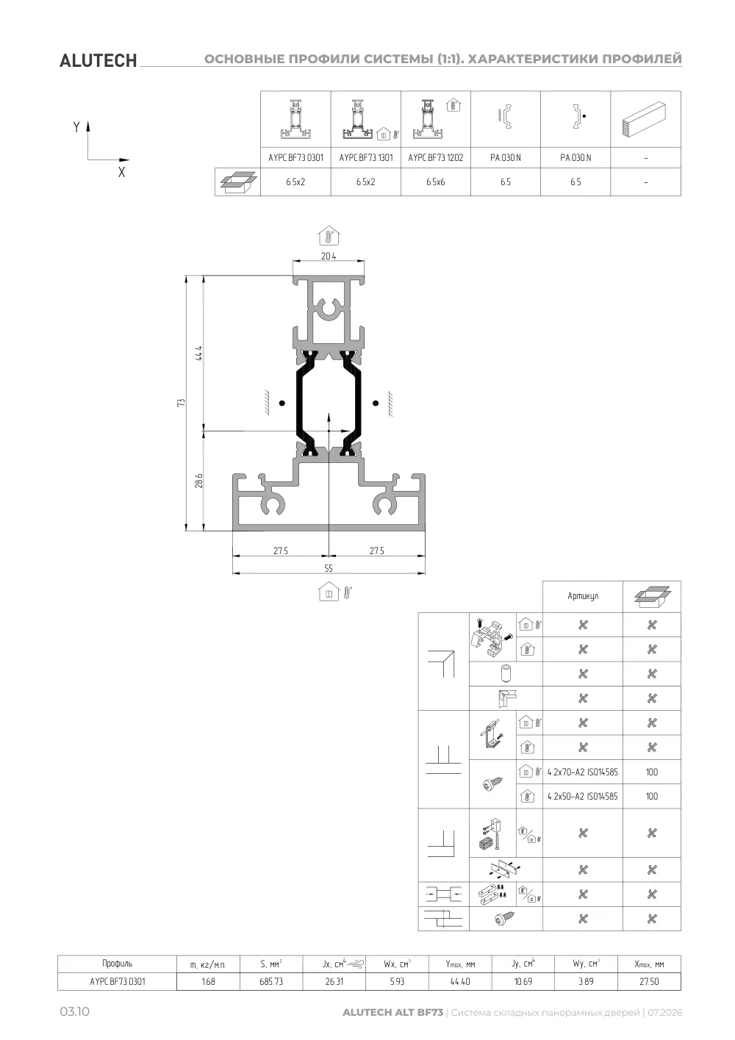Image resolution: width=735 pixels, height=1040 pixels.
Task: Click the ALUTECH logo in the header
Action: coord(98,61)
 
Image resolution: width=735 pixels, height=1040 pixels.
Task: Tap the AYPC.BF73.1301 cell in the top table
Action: coord(366,157)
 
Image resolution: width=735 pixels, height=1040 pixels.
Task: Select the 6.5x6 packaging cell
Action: coord(436,182)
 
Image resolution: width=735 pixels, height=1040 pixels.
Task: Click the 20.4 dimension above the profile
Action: coord(329,256)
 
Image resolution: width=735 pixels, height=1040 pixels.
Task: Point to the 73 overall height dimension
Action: coord(181,403)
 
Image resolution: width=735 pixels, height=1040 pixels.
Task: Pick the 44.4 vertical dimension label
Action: coord(198,354)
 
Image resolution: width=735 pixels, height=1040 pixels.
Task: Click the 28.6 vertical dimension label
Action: coord(198,481)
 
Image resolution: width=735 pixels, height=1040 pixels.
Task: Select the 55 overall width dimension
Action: coord(329,568)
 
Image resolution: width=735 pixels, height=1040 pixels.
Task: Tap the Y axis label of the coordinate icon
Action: coord(76,126)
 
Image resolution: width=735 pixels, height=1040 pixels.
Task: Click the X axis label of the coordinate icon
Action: coord(122,172)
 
